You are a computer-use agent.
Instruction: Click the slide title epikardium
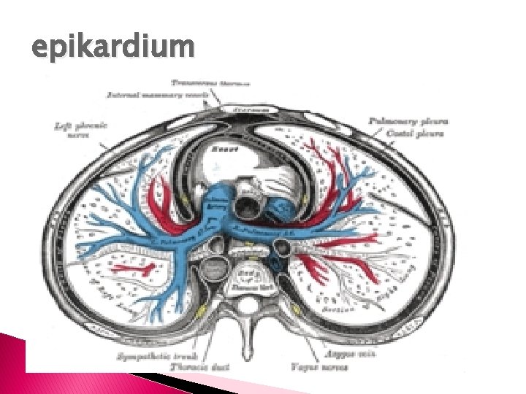(113, 48)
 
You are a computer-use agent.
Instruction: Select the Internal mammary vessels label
(159, 94)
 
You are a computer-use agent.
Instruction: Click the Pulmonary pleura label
(408, 120)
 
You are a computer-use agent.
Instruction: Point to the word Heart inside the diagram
(222, 149)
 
